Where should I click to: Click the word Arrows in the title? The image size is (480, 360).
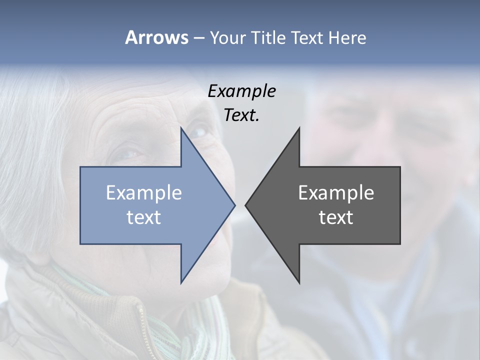tap(156, 37)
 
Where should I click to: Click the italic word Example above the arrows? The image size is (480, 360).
tap(242, 91)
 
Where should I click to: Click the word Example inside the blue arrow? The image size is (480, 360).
tap(144, 193)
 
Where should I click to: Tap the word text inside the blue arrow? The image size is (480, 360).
tap(144, 217)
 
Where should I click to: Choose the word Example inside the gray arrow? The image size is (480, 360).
tap(336, 193)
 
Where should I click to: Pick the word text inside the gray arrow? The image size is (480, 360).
tap(336, 217)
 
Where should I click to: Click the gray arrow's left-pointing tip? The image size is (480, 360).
tap(246, 205)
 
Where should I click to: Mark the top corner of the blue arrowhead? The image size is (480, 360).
tap(181, 128)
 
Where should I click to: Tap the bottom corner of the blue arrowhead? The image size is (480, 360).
tap(181, 282)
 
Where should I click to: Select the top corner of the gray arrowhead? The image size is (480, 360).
tap(299, 128)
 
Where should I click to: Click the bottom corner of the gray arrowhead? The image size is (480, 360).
tap(299, 282)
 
